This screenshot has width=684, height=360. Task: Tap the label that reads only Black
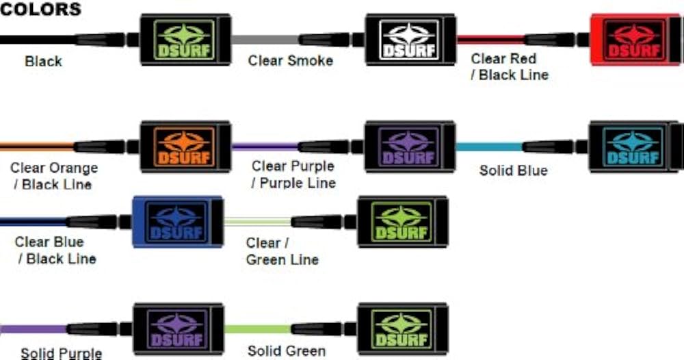click(43, 62)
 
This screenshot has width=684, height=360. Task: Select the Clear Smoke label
click(290, 61)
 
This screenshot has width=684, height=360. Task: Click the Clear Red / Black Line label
click(509, 67)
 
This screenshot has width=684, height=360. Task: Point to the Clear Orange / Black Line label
click(53, 176)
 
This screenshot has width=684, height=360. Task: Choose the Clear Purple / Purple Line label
click(293, 175)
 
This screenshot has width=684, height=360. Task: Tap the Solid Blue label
click(513, 170)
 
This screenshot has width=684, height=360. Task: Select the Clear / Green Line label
click(282, 250)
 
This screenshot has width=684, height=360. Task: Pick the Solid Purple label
click(61, 353)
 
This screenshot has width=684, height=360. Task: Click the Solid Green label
click(286, 351)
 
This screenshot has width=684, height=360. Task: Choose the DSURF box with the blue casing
click(177, 221)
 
